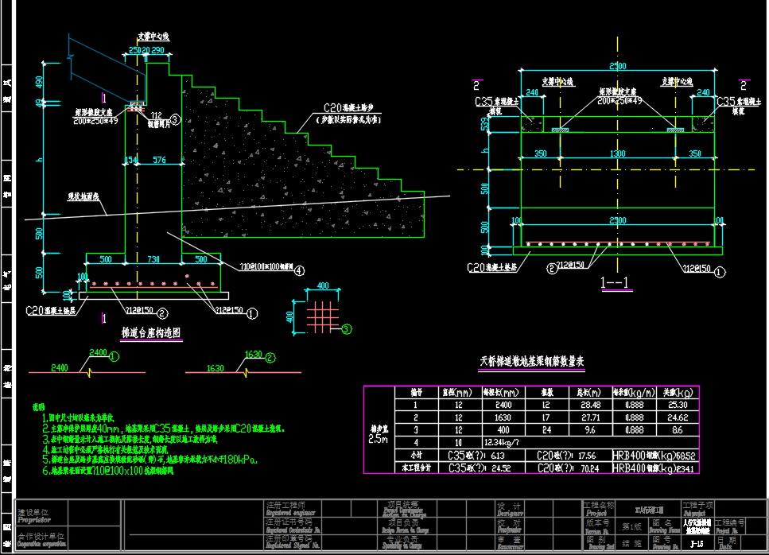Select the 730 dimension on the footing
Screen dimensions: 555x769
(x=153, y=259)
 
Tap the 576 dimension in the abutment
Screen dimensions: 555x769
(x=158, y=161)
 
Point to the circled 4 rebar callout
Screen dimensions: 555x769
(x=298, y=270)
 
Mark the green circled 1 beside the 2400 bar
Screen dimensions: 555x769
(x=114, y=357)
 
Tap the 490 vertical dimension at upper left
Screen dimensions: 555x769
(x=40, y=81)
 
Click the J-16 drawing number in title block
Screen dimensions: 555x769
(x=697, y=545)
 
